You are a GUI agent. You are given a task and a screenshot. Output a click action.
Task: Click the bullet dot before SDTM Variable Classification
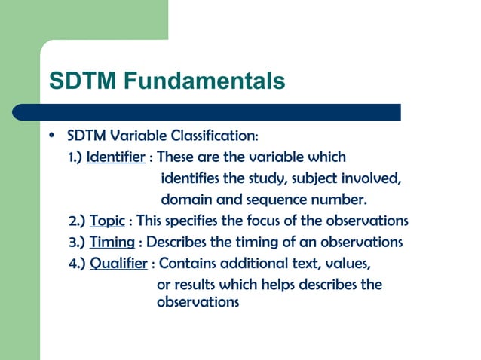point(51,136)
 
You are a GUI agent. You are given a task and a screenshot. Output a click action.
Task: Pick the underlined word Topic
point(107,221)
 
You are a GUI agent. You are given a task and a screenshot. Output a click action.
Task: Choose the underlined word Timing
point(112,243)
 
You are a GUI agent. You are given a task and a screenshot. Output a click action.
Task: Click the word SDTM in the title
point(76,80)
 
